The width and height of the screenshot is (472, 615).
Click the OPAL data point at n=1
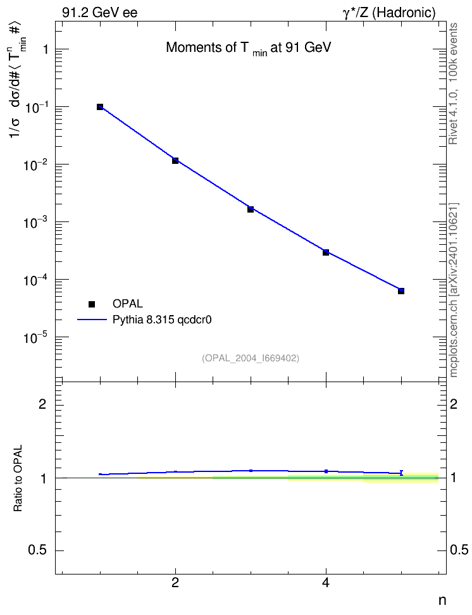[x=100, y=107]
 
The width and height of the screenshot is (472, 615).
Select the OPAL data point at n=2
[x=175, y=161]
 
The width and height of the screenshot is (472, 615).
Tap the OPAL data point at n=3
[x=251, y=209]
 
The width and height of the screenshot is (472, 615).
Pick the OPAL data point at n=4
[x=326, y=252]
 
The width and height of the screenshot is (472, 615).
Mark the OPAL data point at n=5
[x=401, y=291]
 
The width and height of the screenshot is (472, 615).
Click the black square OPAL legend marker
[x=92, y=304]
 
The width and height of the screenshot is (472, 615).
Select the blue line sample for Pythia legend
[x=92, y=320]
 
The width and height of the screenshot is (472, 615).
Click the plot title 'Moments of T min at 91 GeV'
[x=249, y=48]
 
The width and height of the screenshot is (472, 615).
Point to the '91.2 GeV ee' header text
[x=100, y=13]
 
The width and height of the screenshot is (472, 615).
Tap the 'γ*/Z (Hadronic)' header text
[x=389, y=13]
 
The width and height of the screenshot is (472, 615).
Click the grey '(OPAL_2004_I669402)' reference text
[x=251, y=358]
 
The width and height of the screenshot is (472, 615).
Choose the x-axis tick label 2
[x=175, y=583]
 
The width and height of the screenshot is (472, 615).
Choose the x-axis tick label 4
[x=326, y=583]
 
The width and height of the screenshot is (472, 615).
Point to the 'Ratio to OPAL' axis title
[x=18, y=478]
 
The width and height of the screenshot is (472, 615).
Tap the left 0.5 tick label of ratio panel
[x=37, y=550]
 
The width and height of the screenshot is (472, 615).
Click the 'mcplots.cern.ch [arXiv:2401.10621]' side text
[x=454, y=290]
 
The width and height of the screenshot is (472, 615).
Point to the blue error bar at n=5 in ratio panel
[x=401, y=473]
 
